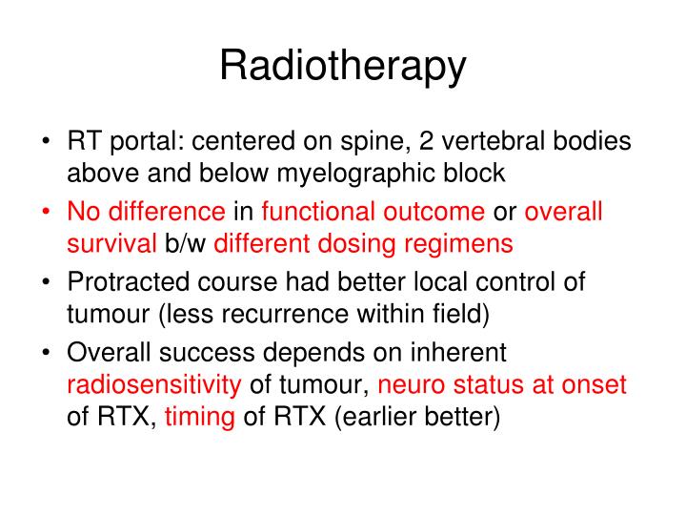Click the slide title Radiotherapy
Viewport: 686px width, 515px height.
click(x=343, y=66)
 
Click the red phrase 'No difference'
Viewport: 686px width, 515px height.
click(x=146, y=212)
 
